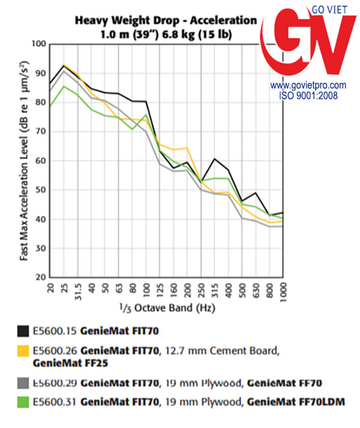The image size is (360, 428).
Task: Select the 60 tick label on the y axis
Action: click(41, 161)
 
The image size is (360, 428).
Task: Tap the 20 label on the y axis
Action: click(41, 277)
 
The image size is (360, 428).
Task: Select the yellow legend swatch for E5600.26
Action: click(24, 351)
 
